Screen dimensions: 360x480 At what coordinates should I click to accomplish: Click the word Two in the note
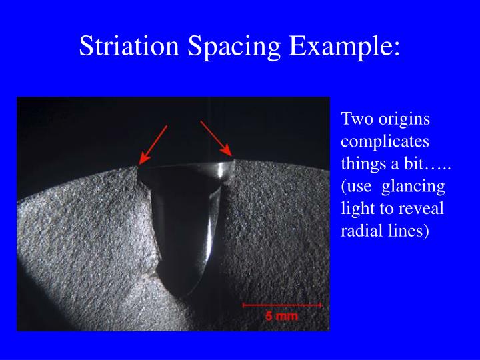click(354, 120)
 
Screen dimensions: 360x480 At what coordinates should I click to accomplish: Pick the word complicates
click(385, 143)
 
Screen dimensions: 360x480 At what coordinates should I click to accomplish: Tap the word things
click(361, 165)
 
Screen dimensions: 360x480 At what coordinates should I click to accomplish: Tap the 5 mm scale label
click(281, 316)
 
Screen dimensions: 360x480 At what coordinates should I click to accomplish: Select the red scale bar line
click(282, 305)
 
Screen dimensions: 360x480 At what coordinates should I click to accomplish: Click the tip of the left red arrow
click(139, 163)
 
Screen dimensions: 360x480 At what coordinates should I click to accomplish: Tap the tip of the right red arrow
click(231, 156)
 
